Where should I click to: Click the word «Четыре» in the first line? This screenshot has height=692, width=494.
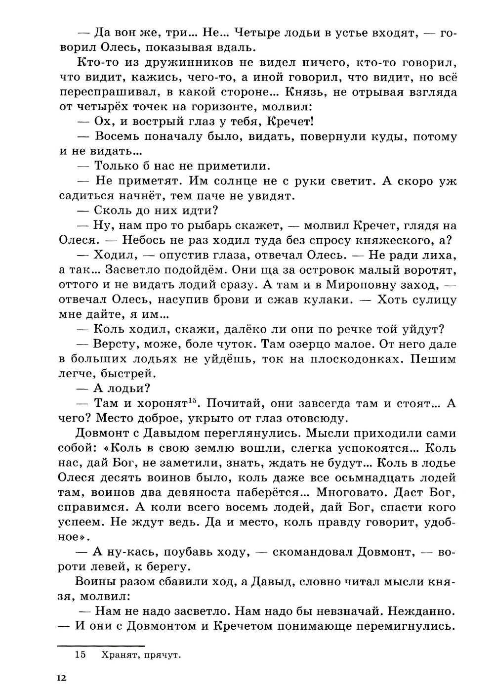point(259,33)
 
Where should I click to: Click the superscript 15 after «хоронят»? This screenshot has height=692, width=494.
point(193,400)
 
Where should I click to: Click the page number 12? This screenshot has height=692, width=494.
point(61,678)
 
